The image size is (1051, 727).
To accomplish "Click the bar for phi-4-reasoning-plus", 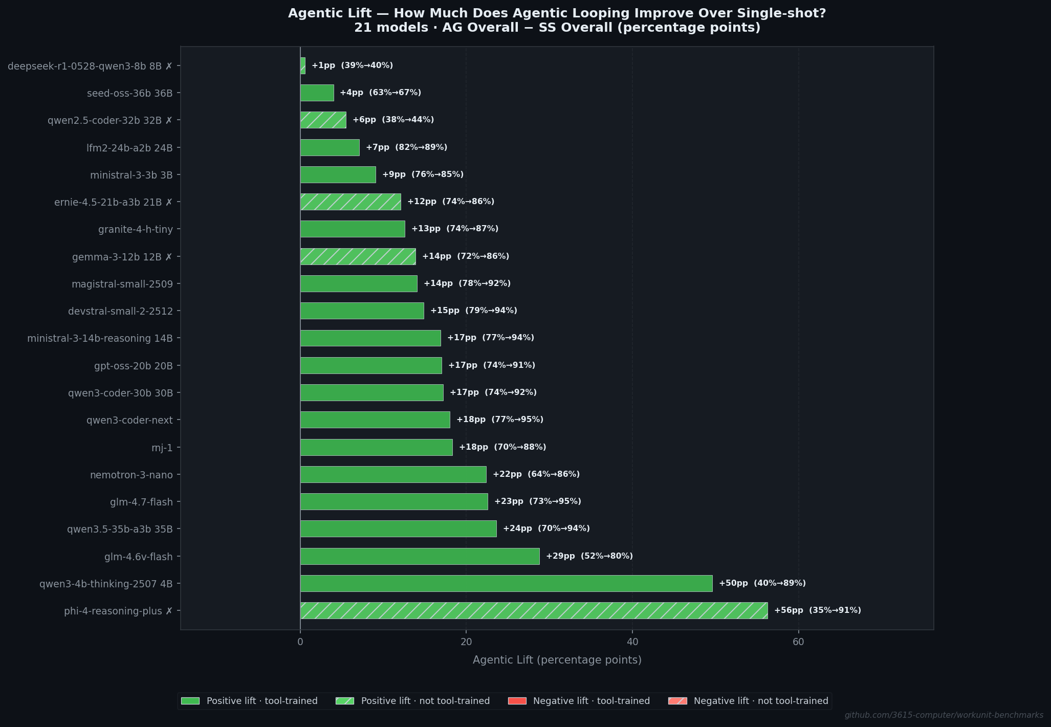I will click(x=534, y=610).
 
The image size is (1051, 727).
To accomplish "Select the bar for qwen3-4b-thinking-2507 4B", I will click(x=506, y=583).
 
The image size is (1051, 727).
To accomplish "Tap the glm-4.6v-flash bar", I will click(x=420, y=556).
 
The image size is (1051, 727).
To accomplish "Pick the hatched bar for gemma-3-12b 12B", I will click(x=358, y=256).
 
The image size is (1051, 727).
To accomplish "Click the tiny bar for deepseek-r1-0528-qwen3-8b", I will click(x=302, y=65).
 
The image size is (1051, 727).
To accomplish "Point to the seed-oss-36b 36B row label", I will click(x=129, y=93).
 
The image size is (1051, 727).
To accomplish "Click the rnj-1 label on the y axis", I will click(x=162, y=448).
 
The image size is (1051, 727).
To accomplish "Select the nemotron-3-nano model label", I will click(x=132, y=475).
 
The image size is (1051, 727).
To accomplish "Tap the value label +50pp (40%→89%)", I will click(x=762, y=583).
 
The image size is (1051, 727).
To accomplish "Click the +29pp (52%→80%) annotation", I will click(x=589, y=556).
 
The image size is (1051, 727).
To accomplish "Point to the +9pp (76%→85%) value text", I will click(x=423, y=174).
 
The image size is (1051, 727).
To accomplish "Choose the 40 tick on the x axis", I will click(x=632, y=642).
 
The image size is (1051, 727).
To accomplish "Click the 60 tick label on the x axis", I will click(x=798, y=642).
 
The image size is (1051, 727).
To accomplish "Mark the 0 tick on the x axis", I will click(x=300, y=642).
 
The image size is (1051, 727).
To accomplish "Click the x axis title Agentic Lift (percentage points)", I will click(x=557, y=660).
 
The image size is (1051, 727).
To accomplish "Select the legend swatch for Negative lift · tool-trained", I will click(x=517, y=701).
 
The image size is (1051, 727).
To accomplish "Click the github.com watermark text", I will click(x=944, y=715).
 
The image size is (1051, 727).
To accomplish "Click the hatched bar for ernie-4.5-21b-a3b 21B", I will click(x=351, y=202).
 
